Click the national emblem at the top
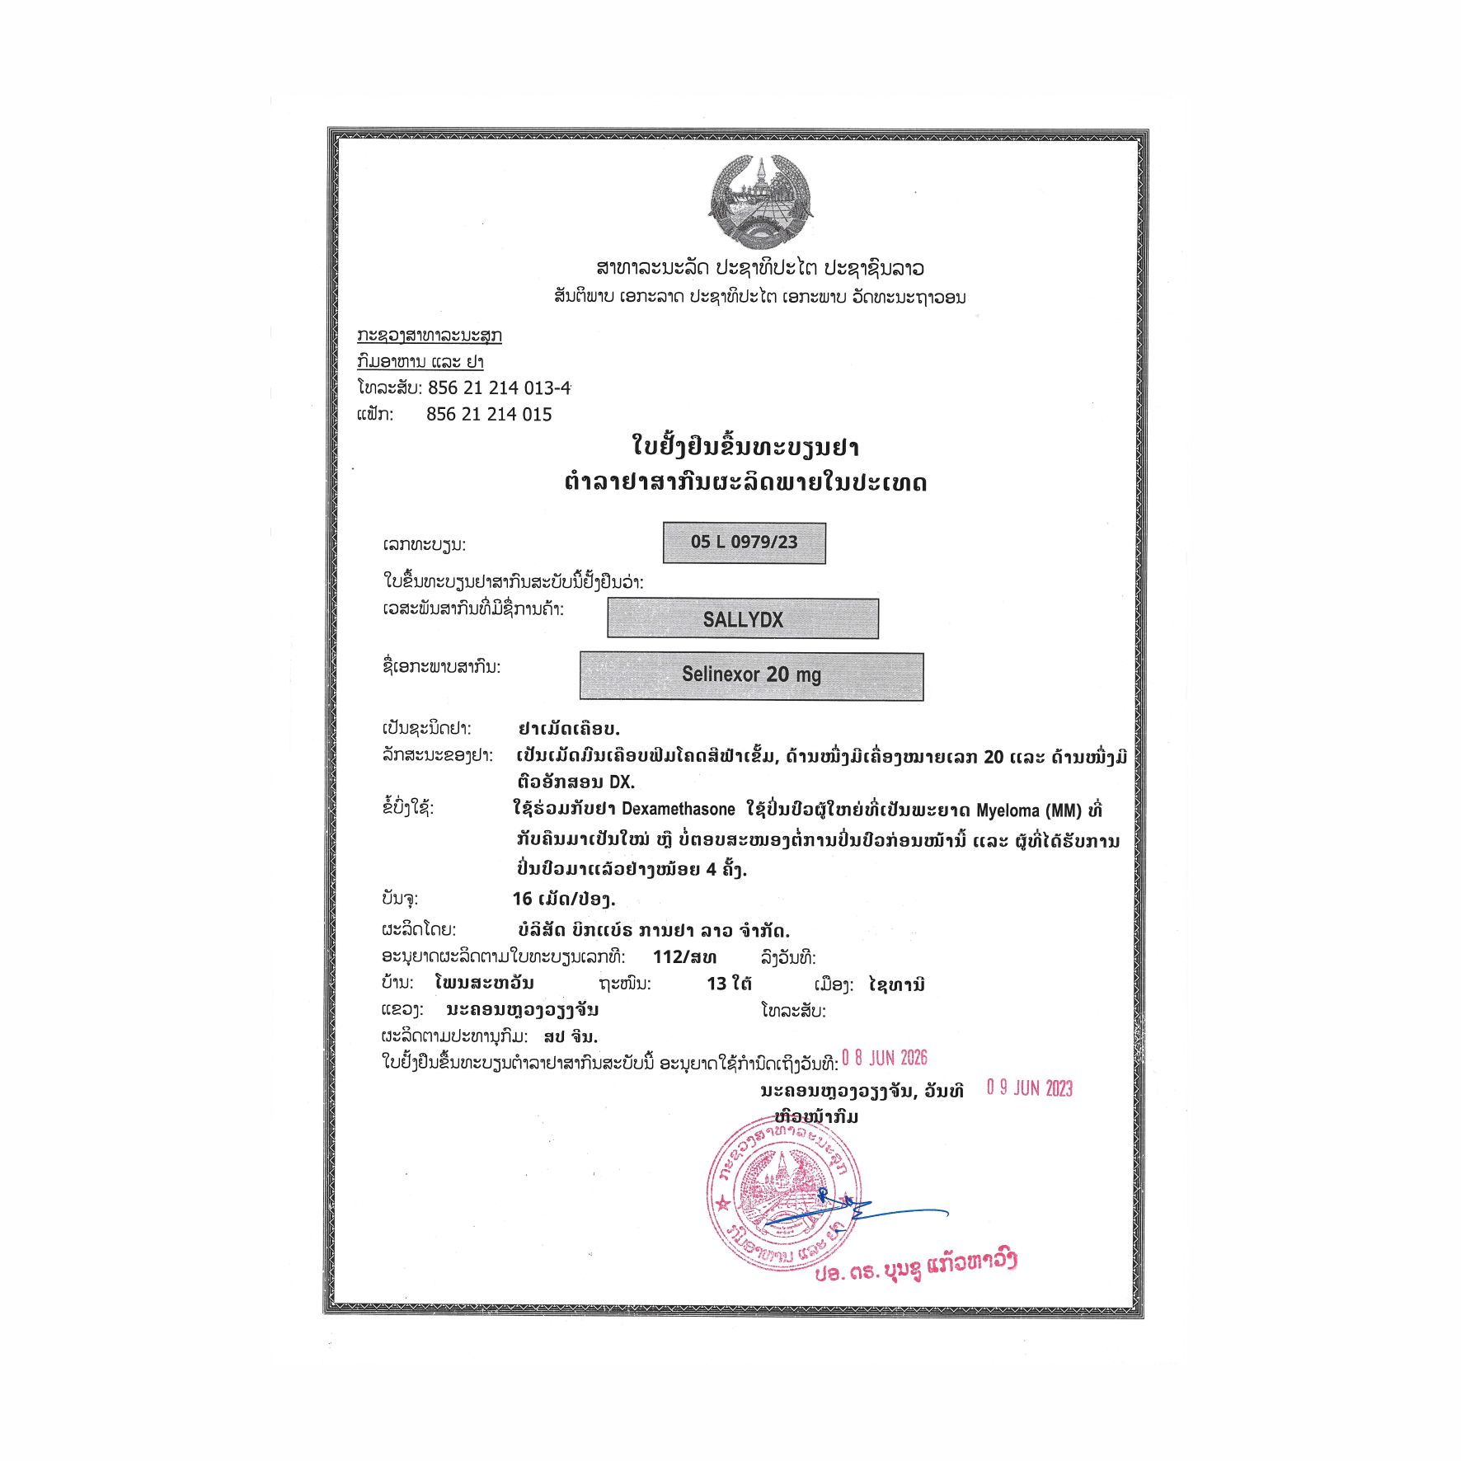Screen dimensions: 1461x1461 [x=760, y=202]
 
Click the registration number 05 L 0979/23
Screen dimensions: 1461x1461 [x=744, y=543]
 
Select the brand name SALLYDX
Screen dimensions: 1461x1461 [x=743, y=619]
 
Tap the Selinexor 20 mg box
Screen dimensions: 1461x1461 [x=751, y=675]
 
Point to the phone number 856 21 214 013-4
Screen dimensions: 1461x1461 [x=499, y=388]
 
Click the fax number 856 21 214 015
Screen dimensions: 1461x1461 [x=489, y=414]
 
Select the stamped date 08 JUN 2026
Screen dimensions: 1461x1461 [x=885, y=1059]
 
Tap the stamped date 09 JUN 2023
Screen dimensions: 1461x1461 [x=1030, y=1088]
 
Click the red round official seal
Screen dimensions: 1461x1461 [x=783, y=1194]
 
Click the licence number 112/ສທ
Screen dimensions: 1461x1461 [x=684, y=957]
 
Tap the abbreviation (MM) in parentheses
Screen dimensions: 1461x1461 [x=1064, y=810]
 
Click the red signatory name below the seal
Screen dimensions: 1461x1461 [x=915, y=1266]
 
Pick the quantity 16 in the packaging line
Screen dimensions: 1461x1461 [x=522, y=899]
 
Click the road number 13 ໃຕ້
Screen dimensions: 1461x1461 [x=729, y=984]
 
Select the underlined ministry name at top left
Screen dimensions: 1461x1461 [x=429, y=336]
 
